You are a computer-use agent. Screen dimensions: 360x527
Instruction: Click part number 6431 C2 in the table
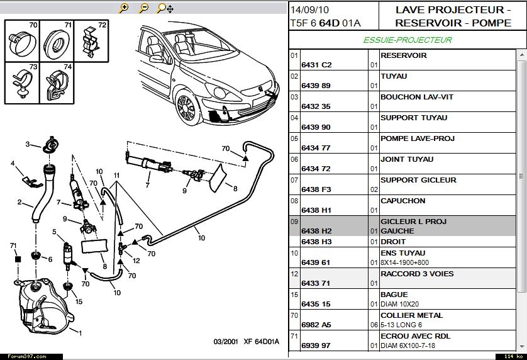316,65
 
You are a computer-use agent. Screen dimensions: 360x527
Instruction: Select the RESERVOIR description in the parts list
403,55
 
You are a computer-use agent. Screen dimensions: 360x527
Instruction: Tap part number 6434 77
316,148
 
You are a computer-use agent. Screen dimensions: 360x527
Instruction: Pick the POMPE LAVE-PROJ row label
418,138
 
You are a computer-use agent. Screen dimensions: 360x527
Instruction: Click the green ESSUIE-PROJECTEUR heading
408,40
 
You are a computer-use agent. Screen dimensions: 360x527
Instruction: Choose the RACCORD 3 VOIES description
416,274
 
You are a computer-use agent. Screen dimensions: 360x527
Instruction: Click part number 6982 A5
316,325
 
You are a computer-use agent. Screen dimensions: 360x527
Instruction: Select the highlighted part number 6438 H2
316,231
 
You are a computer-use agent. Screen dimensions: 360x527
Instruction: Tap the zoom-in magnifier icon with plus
124,8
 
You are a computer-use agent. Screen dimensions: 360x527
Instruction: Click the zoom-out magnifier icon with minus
143,8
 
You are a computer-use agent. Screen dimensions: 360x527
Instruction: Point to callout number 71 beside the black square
13,245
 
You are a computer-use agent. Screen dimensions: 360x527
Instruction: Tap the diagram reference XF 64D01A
260,342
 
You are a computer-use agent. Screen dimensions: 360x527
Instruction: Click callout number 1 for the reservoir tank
80,331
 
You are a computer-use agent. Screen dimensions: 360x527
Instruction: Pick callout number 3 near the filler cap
28,144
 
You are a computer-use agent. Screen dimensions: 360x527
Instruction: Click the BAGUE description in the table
394,295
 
